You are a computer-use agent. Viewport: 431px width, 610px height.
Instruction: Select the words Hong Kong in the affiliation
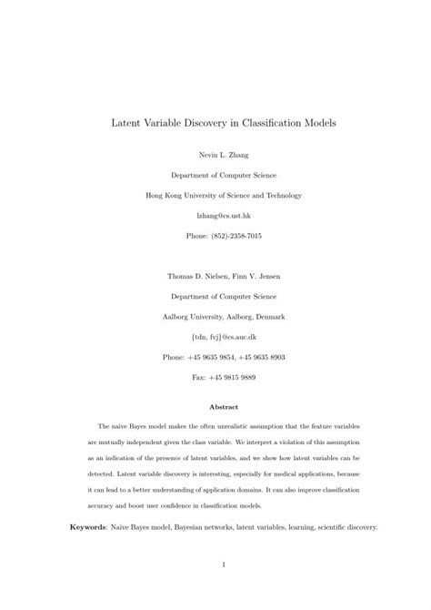164,195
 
